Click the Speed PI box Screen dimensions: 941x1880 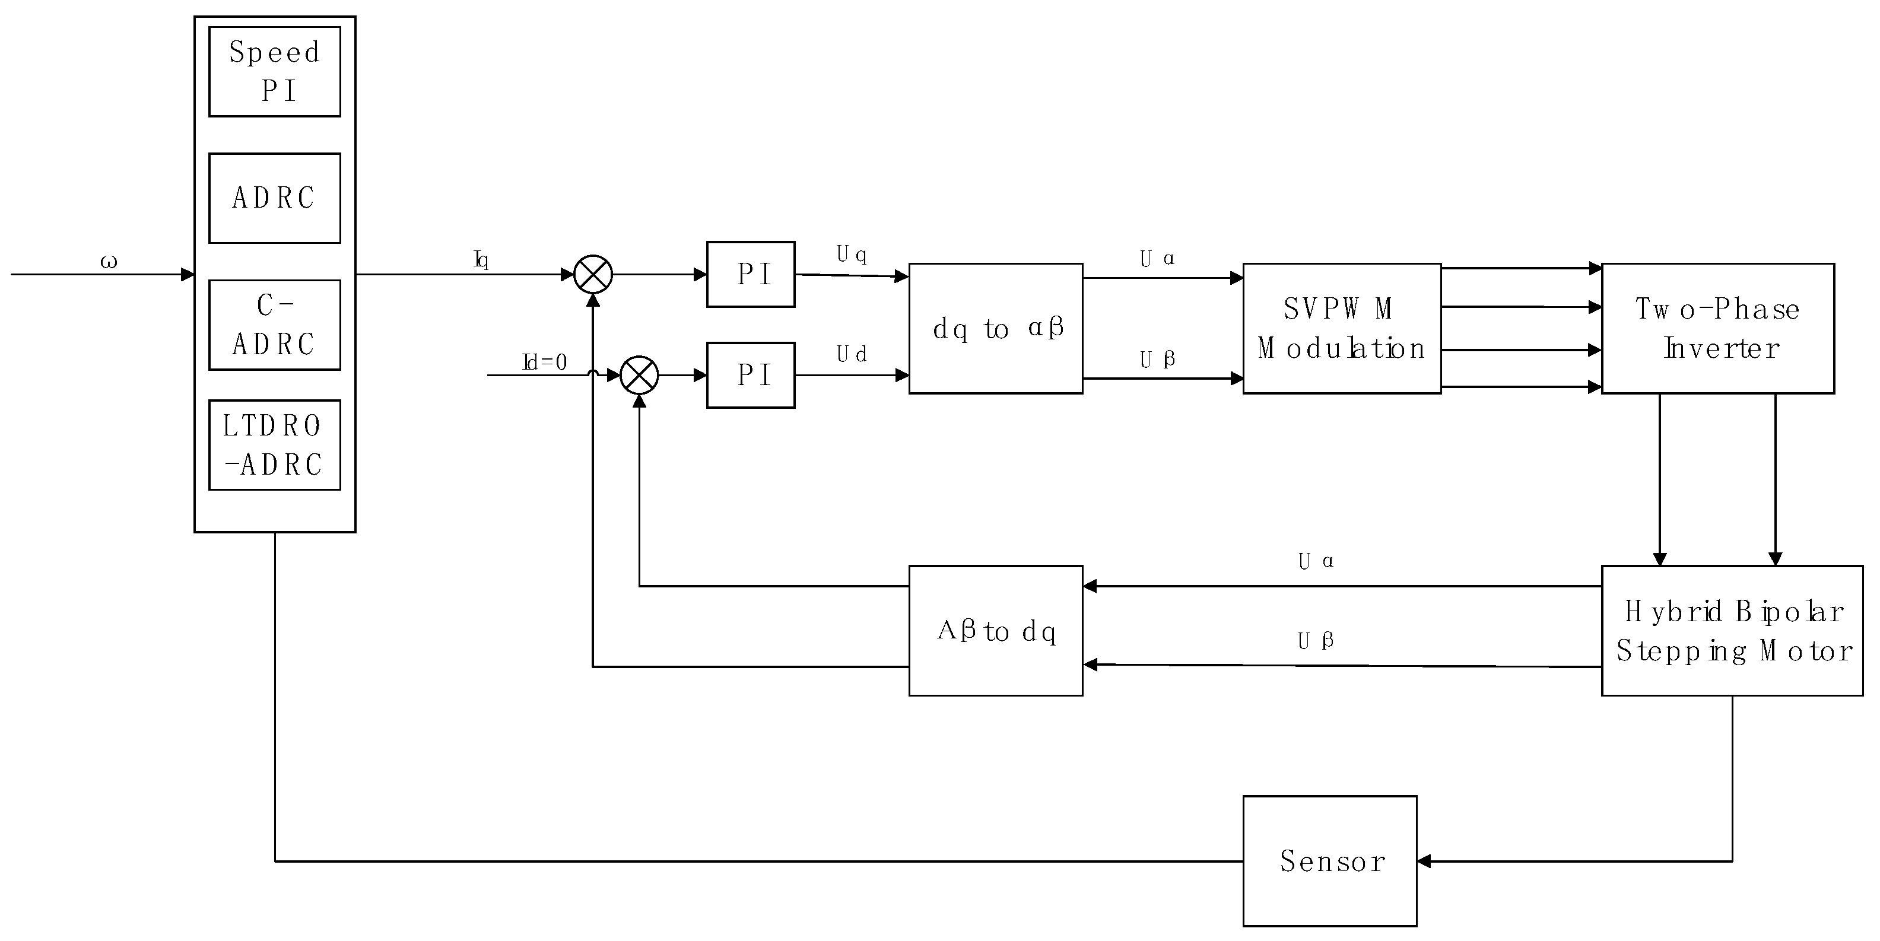pyautogui.click(x=274, y=71)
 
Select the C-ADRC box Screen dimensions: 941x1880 pyautogui.click(x=274, y=325)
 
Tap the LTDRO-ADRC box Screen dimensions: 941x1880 pyautogui.click(x=274, y=444)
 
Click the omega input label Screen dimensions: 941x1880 pyautogui.click(x=108, y=262)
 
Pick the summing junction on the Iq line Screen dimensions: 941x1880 pyautogui.click(x=593, y=274)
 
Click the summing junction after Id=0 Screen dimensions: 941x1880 pyautogui.click(x=639, y=375)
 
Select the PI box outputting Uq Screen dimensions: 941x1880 pyautogui.click(x=750, y=274)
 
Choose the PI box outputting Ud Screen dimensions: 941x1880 pyautogui.click(x=750, y=375)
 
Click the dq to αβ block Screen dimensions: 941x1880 pyautogui.click(x=995, y=328)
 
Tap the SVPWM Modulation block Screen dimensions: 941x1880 pyautogui.click(x=1341, y=328)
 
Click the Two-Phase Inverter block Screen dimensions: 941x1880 pyautogui.click(x=1717, y=328)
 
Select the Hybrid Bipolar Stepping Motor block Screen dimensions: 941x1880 pyautogui.click(x=1732, y=630)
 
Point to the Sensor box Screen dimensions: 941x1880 pyautogui.click(x=1330, y=861)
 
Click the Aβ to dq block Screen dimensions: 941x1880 pyautogui.click(x=995, y=630)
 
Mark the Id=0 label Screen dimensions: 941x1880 pyautogui.click(x=544, y=362)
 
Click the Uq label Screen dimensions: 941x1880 pyautogui.click(x=851, y=255)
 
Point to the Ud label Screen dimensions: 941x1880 pyautogui.click(x=851, y=355)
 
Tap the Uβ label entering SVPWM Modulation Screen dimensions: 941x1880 pyautogui.click(x=1157, y=359)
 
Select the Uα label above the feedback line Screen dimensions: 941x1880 pyautogui.click(x=1315, y=561)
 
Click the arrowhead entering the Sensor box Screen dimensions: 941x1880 pyautogui.click(x=1424, y=861)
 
